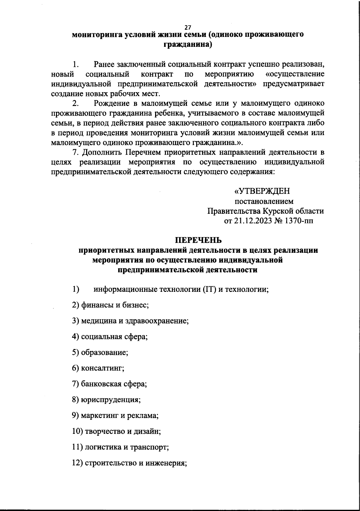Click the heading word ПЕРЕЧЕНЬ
pos(198,240)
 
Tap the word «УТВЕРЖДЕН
pos(262,191)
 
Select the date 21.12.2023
pos(256,221)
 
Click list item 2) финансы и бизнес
pos(111,305)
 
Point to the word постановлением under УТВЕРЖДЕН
pos(264,201)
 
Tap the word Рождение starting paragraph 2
pos(112,104)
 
